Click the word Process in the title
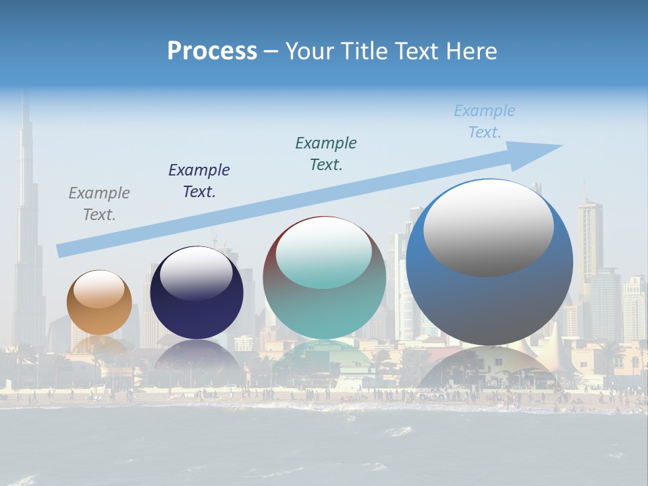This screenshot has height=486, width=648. click(x=212, y=51)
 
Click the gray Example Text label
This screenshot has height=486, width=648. click(x=99, y=204)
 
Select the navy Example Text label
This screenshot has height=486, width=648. click(x=199, y=181)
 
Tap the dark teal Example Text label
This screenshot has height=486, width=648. click(x=326, y=153)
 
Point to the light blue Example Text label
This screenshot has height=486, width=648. click(x=485, y=122)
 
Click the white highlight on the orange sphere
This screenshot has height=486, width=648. click(x=99, y=289)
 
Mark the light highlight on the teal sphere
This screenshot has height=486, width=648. click(x=324, y=254)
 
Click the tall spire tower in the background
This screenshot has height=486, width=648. click(x=26, y=223)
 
